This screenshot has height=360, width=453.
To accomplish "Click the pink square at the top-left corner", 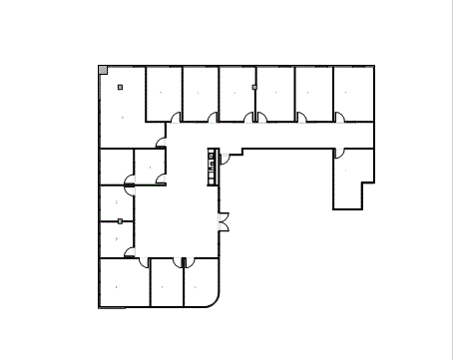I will pyautogui.click(x=103, y=70).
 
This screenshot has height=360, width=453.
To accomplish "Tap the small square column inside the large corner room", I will pyautogui.click(x=120, y=88).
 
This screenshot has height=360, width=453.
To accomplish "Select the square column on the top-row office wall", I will pyautogui.click(x=255, y=88).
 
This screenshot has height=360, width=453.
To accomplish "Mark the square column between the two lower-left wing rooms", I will pyautogui.click(x=120, y=220).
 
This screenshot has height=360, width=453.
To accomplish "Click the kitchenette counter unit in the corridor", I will pyautogui.click(x=212, y=166).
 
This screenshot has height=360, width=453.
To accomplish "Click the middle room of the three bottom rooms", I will pyautogui.click(x=166, y=284).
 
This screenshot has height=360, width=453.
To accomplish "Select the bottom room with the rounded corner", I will pyautogui.click(x=200, y=284).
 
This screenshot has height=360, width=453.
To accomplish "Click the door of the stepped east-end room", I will pyautogui.click(x=339, y=156).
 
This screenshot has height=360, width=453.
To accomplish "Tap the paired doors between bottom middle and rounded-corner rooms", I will pyautogui.click(x=183, y=262).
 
